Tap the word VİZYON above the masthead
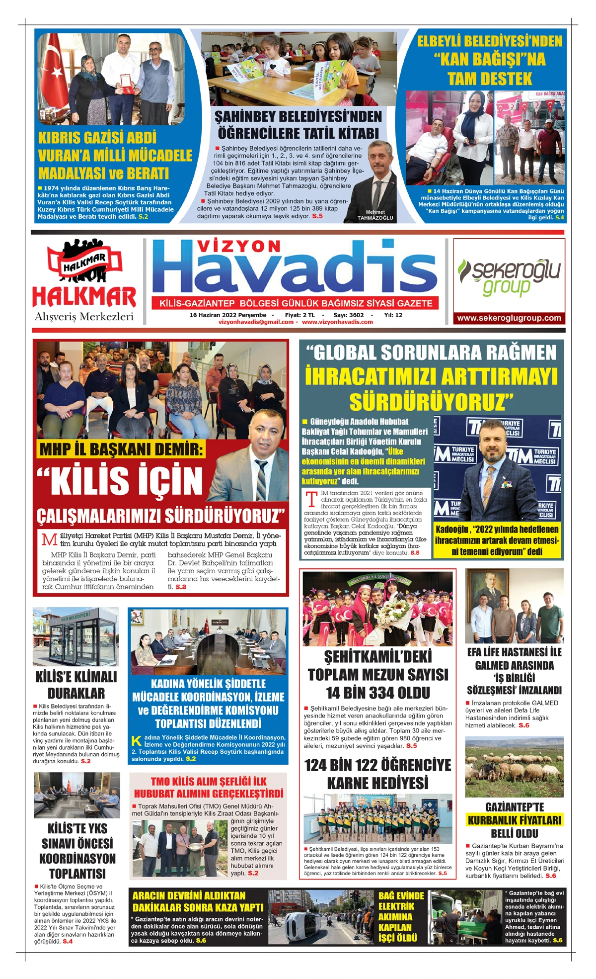point(239,247)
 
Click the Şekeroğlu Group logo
point(509,276)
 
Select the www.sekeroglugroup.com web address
point(509,318)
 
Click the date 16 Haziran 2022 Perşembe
point(228,315)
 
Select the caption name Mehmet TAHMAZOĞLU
point(375,215)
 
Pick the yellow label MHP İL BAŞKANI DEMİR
point(121,449)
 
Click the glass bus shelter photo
point(76,637)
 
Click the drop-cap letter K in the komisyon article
point(137,741)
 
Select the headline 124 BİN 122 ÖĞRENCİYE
point(377,765)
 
